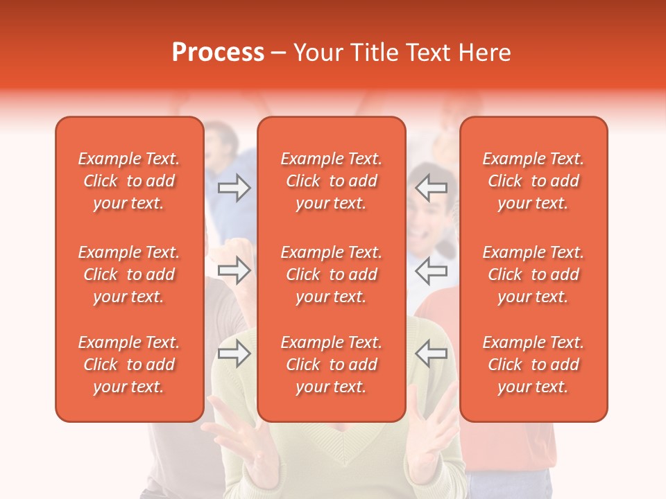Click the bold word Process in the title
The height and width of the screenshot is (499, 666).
tap(218, 53)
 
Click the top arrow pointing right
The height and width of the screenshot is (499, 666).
tap(234, 188)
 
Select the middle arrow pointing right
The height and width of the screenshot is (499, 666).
tap(234, 270)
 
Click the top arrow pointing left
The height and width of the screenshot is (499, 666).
tap(431, 188)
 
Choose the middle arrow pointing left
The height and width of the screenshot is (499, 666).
tap(431, 270)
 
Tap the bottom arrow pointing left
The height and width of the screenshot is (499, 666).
tap(431, 353)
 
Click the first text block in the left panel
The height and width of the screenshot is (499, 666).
tap(129, 181)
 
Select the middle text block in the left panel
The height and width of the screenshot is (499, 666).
tap(129, 274)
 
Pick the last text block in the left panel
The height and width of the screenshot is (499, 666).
tap(129, 365)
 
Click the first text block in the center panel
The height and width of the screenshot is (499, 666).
tap(332, 181)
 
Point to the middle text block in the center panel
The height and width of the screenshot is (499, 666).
tap(332, 274)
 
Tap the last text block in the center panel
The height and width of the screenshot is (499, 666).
tap(332, 365)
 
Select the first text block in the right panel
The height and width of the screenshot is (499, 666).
tap(533, 181)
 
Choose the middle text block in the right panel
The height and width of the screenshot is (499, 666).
tap(533, 274)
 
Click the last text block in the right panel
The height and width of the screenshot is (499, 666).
tap(533, 365)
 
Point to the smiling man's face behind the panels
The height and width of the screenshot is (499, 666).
tap(426, 208)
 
